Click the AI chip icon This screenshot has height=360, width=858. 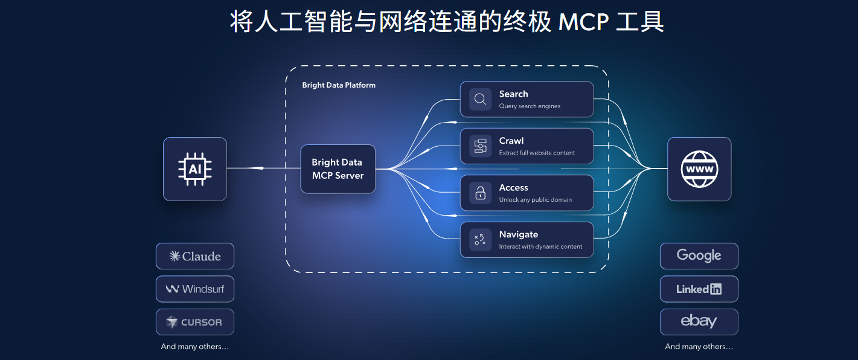coord(194,169)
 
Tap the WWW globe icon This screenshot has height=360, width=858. coord(699,169)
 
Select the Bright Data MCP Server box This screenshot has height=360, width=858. coord(338,169)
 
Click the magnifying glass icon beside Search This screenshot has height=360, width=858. coord(481,99)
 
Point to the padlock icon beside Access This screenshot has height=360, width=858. coord(481,193)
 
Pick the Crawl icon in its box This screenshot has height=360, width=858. coord(481,146)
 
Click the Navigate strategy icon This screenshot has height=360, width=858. coord(481,240)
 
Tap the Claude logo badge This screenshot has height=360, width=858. coord(195,256)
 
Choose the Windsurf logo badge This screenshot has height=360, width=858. coord(195,289)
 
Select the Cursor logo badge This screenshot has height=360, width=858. coord(195,322)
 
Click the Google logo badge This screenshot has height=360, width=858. coord(699,256)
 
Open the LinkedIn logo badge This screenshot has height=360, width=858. coord(699,289)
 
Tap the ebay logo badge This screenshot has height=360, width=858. coord(699,321)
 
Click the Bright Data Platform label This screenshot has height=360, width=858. coord(339,85)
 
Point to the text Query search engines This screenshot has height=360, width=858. coord(530,106)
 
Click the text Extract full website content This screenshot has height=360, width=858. coord(537,153)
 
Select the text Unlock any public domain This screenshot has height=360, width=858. coord(535,200)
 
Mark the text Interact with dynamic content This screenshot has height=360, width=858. coord(540,246)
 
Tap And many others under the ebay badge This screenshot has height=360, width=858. coord(699,347)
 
